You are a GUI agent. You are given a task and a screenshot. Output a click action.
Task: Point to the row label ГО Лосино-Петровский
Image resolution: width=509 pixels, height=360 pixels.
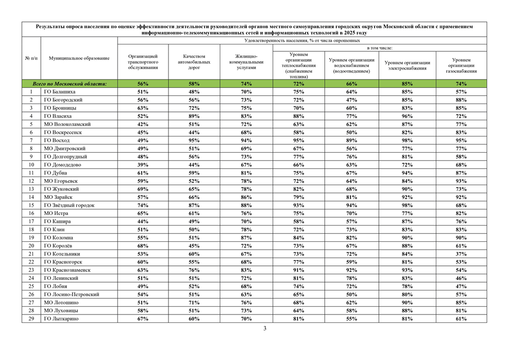(x=71, y=295)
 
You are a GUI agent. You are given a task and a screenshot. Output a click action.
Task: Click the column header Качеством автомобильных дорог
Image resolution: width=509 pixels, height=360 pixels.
(x=194, y=62)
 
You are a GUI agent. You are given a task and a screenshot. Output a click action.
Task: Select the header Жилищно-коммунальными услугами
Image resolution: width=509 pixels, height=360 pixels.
(x=246, y=62)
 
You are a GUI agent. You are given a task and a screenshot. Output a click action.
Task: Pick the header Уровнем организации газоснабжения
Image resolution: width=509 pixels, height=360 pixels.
(x=461, y=65)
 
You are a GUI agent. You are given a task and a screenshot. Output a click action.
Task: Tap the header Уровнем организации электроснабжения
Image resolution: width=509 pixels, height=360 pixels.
(x=407, y=65)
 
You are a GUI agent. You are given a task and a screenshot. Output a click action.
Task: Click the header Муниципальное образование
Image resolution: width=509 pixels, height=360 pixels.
(x=79, y=58)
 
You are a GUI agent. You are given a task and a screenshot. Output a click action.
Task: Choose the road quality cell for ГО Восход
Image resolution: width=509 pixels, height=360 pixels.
(x=194, y=140)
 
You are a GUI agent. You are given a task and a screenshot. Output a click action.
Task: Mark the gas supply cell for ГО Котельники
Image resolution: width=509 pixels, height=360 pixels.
(x=461, y=254)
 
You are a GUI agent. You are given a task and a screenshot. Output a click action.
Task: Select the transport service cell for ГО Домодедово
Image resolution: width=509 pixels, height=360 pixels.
(x=143, y=165)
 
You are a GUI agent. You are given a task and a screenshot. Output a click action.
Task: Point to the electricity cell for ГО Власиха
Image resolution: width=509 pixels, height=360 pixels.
(x=407, y=116)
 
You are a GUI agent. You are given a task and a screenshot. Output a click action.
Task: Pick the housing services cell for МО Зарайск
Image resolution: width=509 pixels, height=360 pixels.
(x=246, y=197)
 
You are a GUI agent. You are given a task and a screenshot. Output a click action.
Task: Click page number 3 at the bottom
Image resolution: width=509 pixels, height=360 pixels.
(x=265, y=329)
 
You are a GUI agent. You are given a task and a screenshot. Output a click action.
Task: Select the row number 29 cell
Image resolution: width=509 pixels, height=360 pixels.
(x=31, y=319)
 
